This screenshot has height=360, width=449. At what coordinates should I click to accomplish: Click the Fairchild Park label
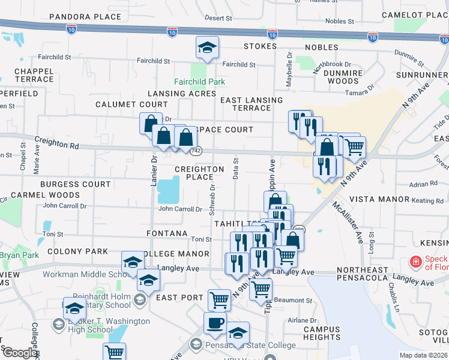[199, 82]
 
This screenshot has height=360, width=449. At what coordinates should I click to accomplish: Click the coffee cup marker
[215, 323]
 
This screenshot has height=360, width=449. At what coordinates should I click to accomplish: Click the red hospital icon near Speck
[414, 262]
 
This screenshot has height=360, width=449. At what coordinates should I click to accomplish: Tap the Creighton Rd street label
[57, 143]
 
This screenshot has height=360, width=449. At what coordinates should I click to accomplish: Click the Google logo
[19, 353]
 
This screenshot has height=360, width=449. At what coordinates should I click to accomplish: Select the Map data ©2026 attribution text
[423, 355]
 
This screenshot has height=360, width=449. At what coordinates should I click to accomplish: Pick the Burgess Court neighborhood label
[76, 184]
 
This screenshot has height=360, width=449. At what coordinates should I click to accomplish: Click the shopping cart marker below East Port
[220, 299]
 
